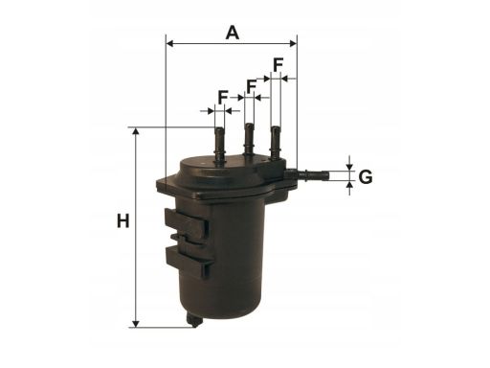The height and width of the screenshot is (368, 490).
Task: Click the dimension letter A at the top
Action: coord(233,33)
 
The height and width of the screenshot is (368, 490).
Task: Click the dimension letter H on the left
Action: coord(123,221)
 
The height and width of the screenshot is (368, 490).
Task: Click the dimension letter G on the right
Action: coord(366,176)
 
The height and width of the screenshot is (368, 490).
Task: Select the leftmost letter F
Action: coord(223,97)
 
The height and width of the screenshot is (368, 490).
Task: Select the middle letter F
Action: coord(252,86)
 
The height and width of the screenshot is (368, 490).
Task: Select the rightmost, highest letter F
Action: coord(278,65)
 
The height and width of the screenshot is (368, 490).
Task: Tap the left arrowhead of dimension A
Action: coord(170,43)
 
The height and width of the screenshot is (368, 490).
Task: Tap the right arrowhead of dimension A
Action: coord(293,43)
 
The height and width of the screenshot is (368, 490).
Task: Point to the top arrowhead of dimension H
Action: coord(136,131)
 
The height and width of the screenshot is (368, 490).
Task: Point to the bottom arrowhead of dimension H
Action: coord(136,324)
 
